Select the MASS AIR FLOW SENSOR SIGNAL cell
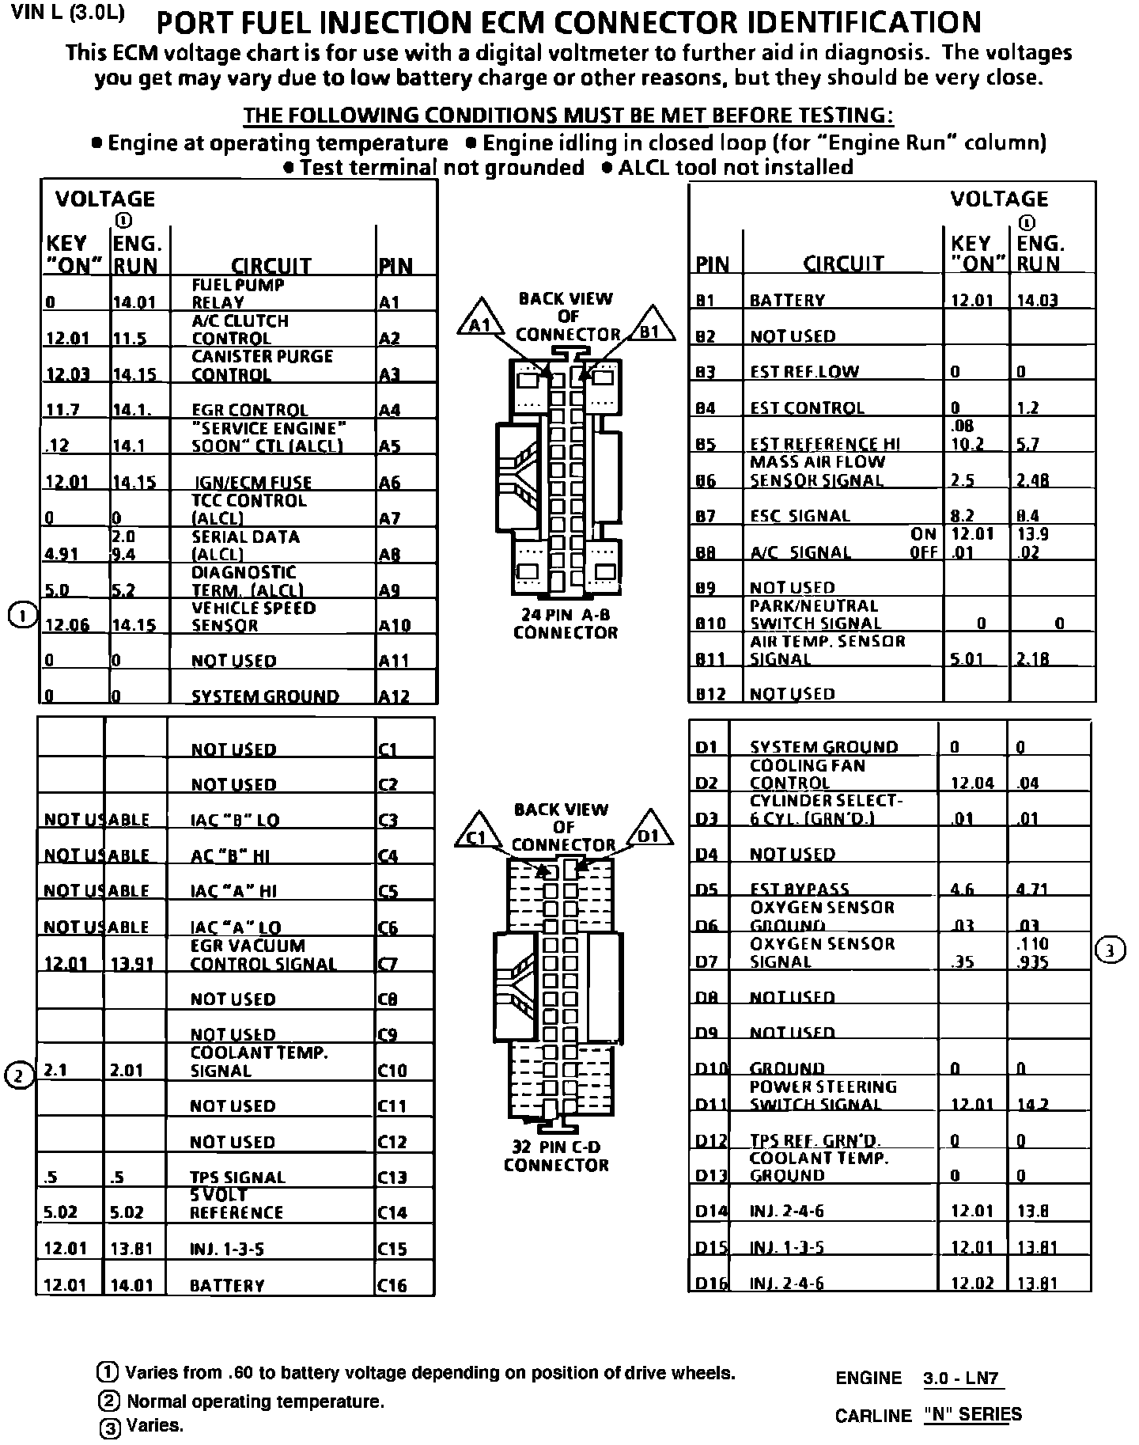click(817, 471)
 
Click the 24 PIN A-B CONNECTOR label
click(565, 624)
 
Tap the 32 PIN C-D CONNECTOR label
click(556, 1156)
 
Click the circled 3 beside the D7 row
click(1110, 951)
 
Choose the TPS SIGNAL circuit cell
click(237, 1178)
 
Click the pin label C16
click(392, 1286)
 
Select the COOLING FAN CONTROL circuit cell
click(807, 774)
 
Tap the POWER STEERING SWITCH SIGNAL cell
click(823, 1096)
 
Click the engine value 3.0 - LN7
click(963, 1379)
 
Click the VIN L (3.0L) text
click(68, 15)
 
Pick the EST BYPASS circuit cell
click(799, 889)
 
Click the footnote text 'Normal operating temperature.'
click(255, 1401)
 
